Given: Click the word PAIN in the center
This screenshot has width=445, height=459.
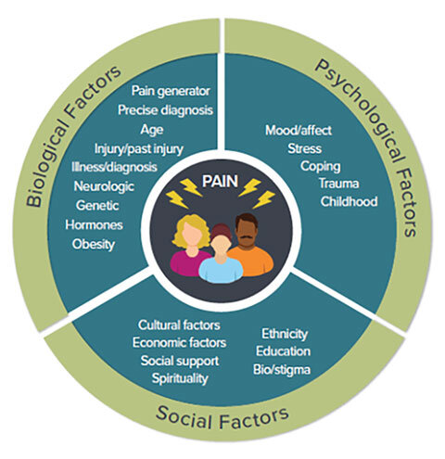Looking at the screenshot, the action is (220, 182).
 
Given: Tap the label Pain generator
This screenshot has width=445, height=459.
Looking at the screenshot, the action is (171, 91).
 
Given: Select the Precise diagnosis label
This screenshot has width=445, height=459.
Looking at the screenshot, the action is (165, 110).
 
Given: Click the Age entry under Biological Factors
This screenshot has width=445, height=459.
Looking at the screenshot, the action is (152, 130).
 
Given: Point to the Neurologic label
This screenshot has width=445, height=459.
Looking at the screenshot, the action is (104, 186).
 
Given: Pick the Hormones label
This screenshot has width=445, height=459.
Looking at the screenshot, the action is (94, 225).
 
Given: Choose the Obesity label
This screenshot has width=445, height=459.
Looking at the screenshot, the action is (94, 245).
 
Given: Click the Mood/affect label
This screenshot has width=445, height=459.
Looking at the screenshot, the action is (299, 131).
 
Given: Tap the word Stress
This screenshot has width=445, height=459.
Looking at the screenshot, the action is (305, 148).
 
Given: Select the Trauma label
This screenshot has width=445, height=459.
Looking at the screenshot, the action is (338, 184).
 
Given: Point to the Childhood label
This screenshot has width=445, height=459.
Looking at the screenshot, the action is (349, 201).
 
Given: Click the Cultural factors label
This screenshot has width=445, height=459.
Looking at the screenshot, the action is (179, 325).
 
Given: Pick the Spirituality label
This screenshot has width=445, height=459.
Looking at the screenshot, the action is (180, 378).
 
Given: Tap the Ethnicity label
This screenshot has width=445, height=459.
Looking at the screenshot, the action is (285, 334).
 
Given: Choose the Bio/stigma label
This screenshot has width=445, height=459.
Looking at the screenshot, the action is (282, 370).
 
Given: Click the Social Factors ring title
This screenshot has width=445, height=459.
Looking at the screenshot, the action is (222, 419).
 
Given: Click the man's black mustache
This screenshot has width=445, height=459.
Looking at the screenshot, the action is (247, 237).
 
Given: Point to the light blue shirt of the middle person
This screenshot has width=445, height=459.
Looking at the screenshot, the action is (221, 270).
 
